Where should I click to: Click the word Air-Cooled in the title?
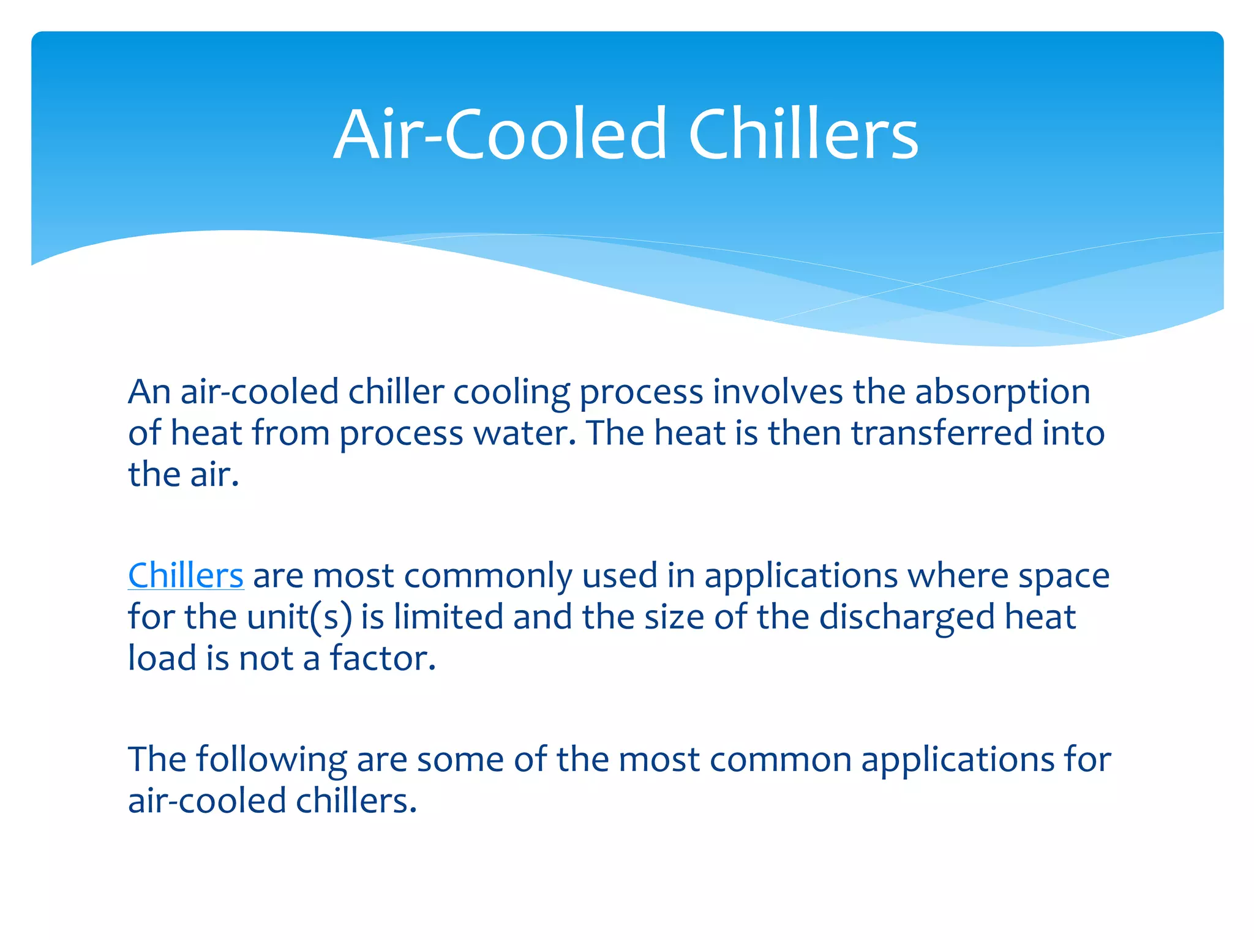click(500, 134)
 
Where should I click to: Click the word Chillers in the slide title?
click(803, 134)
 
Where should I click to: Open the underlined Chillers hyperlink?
click(186, 575)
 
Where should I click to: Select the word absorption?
click(1002, 392)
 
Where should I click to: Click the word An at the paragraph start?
click(149, 392)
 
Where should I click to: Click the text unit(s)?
click(299, 616)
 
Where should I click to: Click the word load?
click(162, 658)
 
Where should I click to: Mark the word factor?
click(383, 658)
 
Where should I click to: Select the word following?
click(271, 759)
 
